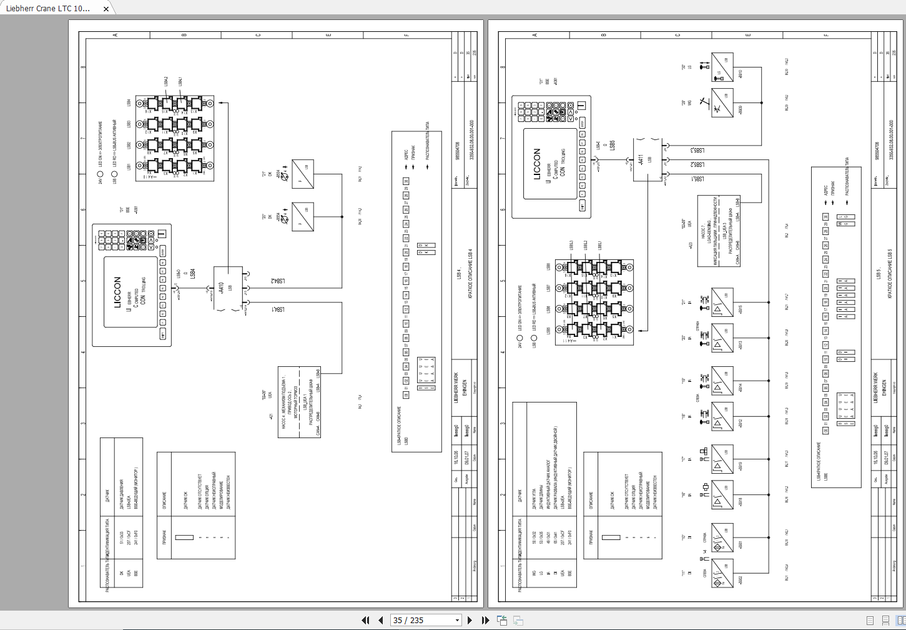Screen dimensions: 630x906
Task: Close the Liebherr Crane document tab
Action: point(107,9)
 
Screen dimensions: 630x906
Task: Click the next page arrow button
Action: point(470,620)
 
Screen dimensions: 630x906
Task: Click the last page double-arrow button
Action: point(485,620)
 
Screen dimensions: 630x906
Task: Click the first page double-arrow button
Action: point(365,620)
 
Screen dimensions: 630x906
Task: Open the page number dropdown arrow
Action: point(457,620)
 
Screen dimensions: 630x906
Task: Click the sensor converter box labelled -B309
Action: point(722,102)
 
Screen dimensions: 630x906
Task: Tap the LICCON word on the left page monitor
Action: point(117,292)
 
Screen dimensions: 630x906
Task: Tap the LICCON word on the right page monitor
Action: point(537,164)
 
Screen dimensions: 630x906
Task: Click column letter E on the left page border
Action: point(328,35)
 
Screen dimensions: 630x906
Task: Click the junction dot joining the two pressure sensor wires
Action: point(342,217)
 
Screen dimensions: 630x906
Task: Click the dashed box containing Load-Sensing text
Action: point(719,231)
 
